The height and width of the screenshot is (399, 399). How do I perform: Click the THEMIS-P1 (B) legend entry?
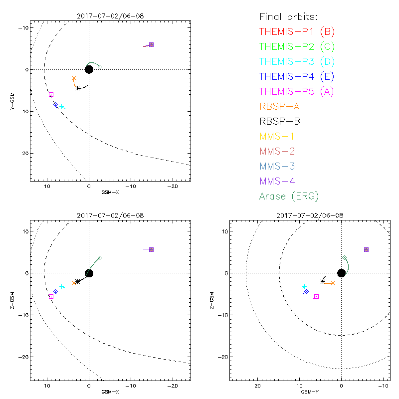click(x=297, y=32)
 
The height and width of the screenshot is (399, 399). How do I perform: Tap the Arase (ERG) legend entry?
click(x=289, y=196)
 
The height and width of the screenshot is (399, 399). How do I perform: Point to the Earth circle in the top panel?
click(x=89, y=69)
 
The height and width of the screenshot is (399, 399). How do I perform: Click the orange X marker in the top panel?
click(x=74, y=78)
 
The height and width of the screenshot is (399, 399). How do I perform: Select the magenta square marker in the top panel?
click(x=51, y=95)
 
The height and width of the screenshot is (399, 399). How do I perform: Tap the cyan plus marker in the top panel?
click(x=62, y=107)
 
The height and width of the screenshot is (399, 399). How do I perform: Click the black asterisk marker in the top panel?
click(x=77, y=88)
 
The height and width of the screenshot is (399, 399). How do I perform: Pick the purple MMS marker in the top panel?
click(x=151, y=44)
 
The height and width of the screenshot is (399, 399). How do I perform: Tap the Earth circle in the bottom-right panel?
click(x=341, y=273)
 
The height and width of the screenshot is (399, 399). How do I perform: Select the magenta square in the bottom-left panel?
click(x=51, y=297)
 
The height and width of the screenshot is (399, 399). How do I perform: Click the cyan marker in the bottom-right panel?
click(x=304, y=287)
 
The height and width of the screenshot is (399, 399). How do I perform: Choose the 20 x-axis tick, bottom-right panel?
click(x=258, y=386)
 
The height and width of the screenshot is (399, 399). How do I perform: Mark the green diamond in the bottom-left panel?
click(x=100, y=258)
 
